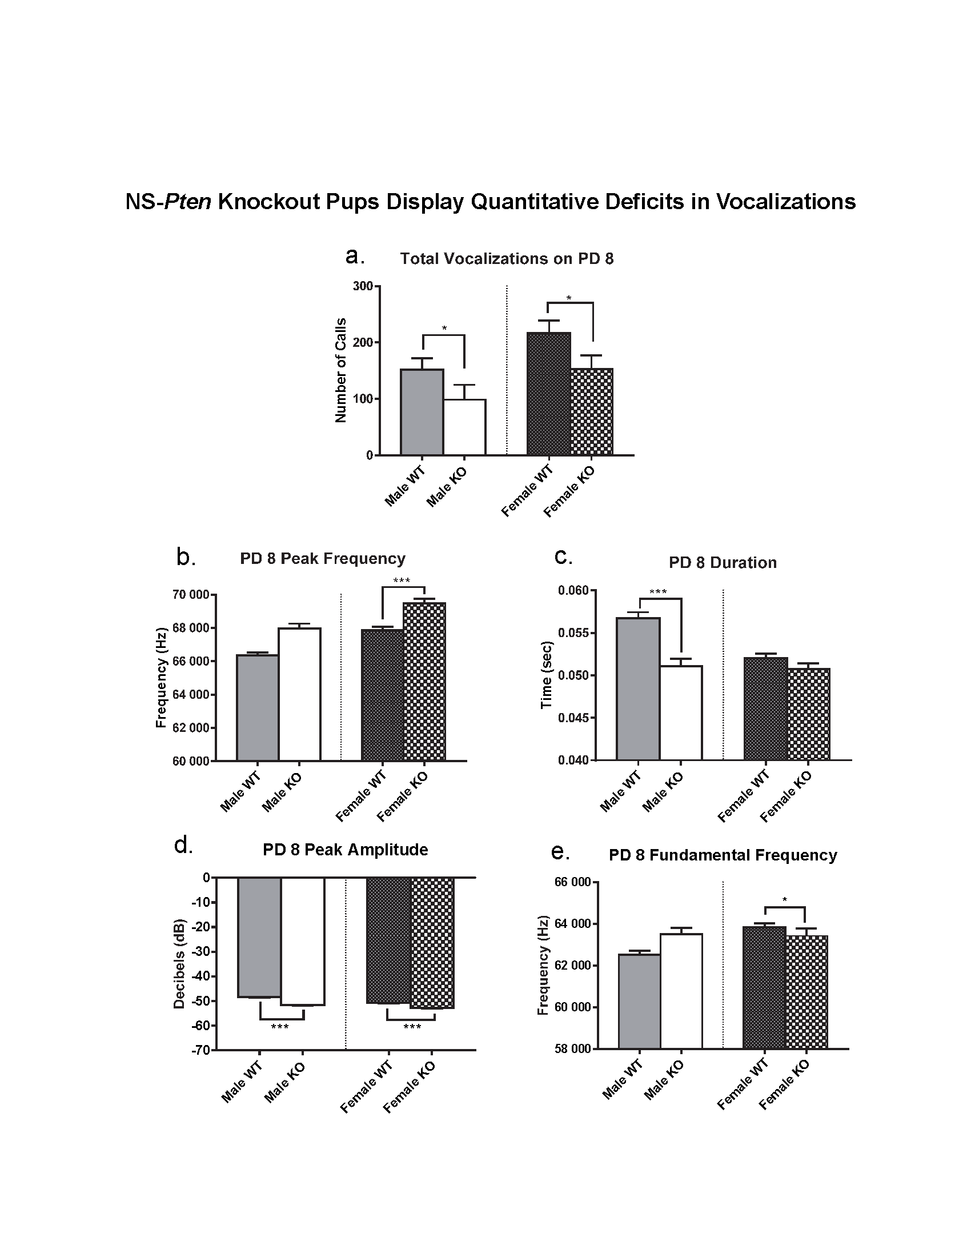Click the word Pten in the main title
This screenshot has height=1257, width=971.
click(x=187, y=202)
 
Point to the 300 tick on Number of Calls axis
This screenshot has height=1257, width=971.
click(x=363, y=286)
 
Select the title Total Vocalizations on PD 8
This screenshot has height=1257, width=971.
click(x=507, y=259)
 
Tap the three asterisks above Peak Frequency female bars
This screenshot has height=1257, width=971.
click(x=402, y=581)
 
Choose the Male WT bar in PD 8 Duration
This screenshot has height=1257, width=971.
click(x=638, y=688)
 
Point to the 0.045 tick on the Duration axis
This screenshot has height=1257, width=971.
click(x=573, y=718)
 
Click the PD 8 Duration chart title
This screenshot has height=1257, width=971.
click(x=723, y=562)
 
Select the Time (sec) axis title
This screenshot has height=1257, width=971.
click(x=547, y=675)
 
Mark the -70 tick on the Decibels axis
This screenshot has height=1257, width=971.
click(x=202, y=1050)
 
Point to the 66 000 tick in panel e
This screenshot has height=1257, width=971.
click(x=572, y=882)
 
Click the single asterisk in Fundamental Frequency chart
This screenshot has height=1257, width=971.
click(x=785, y=899)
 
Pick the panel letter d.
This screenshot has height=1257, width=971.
click(x=183, y=846)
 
